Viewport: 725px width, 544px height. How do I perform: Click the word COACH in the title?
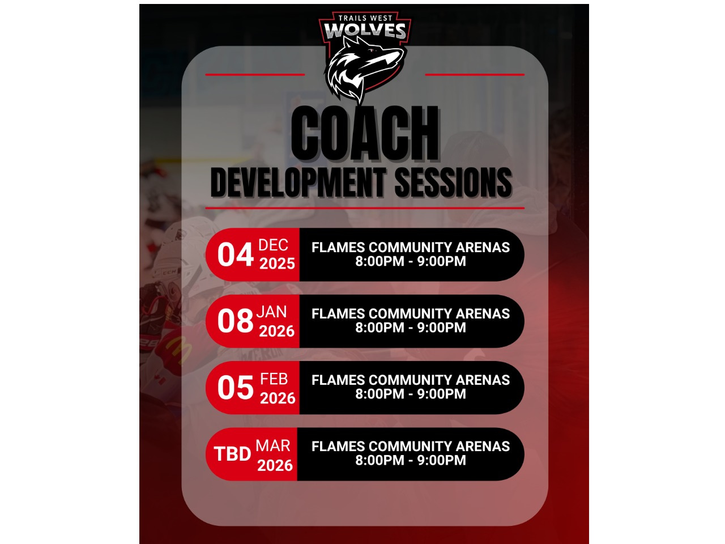click(x=365, y=133)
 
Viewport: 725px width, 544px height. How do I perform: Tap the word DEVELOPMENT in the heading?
click(x=298, y=182)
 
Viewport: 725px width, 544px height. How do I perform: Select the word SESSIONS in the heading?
click(x=453, y=182)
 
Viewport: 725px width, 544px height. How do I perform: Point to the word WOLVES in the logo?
click(x=365, y=31)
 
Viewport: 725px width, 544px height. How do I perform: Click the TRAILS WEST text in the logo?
click(x=365, y=18)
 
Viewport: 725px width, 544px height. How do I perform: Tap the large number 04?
click(x=235, y=254)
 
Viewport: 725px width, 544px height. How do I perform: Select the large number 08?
click(x=235, y=321)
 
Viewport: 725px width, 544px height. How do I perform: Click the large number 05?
click(x=235, y=388)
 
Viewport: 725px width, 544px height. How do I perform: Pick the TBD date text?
click(x=233, y=454)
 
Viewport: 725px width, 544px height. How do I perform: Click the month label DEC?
click(x=273, y=245)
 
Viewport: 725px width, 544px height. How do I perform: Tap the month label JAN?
click(x=271, y=312)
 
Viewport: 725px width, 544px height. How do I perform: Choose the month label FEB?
click(x=274, y=379)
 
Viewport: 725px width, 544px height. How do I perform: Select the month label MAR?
click(x=273, y=445)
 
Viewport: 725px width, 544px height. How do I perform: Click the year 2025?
click(x=277, y=263)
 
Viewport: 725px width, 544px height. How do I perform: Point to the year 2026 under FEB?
click(x=278, y=398)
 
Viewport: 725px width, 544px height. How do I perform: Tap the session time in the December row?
click(x=411, y=261)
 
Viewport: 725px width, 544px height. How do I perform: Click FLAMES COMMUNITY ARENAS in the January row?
click(x=411, y=313)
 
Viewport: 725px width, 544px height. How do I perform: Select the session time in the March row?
click(x=411, y=460)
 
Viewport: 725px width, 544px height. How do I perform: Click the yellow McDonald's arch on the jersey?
click(x=178, y=350)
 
